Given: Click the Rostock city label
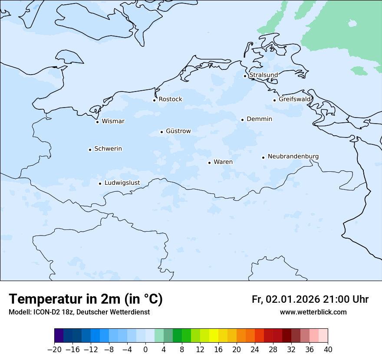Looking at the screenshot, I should (x=170, y=99).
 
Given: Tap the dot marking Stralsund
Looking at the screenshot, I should (x=245, y=76).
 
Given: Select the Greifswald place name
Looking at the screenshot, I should (x=295, y=99).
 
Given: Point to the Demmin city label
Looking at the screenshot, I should (x=259, y=119).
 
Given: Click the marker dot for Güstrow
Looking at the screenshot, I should (x=161, y=132).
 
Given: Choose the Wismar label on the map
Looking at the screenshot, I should (x=113, y=121).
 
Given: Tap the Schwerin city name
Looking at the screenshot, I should (x=108, y=149).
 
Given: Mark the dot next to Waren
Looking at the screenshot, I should (x=209, y=163).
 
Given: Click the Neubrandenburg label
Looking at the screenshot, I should (x=293, y=156).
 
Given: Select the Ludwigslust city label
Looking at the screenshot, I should (x=122, y=183).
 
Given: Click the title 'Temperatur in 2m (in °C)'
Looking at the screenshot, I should (x=86, y=299).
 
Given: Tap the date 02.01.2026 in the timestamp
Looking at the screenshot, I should (x=293, y=299).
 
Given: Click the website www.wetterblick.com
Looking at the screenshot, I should (x=313, y=312).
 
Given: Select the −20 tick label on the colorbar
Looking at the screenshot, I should (x=54, y=350).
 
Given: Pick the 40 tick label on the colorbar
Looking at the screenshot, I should (x=328, y=350).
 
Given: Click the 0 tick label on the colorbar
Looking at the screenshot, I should (x=145, y=350).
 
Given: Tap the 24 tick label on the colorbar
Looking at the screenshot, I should (x=255, y=350).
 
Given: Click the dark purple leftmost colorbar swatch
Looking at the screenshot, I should (x=59, y=336).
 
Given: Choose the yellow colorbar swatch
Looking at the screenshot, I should (x=214, y=336).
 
